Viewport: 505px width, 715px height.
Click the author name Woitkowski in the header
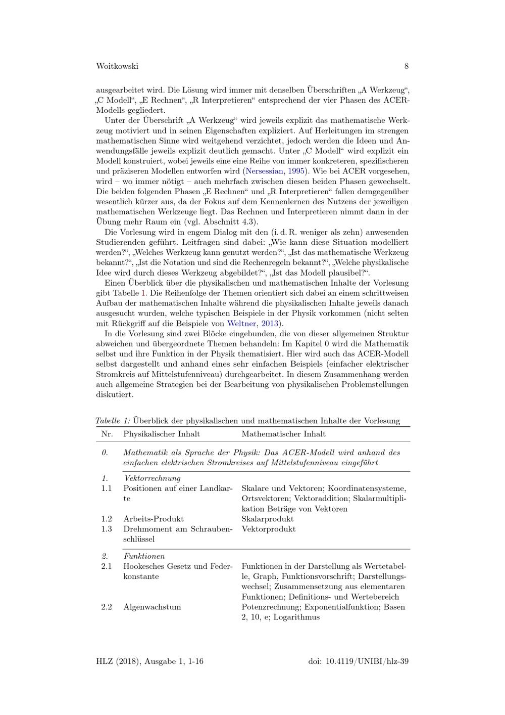[117, 66]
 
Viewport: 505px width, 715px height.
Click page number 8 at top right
[407, 66]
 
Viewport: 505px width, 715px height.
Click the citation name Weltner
[242, 324]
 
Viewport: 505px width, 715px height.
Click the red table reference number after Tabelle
[143, 293]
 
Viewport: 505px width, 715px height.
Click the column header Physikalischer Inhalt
[162, 434]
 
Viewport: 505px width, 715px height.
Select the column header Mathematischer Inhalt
[283, 434]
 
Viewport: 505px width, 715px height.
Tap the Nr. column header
[107, 434]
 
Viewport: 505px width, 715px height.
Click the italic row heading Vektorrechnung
[152, 478]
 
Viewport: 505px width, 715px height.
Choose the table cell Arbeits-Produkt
[154, 519]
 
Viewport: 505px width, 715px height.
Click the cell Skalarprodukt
[268, 519]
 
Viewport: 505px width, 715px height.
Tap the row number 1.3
[106, 529]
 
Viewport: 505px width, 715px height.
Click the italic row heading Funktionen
[144, 556]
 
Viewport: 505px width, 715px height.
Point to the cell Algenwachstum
[152, 607]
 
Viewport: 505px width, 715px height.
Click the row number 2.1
[106, 566]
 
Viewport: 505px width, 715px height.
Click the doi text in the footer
[358, 661]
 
